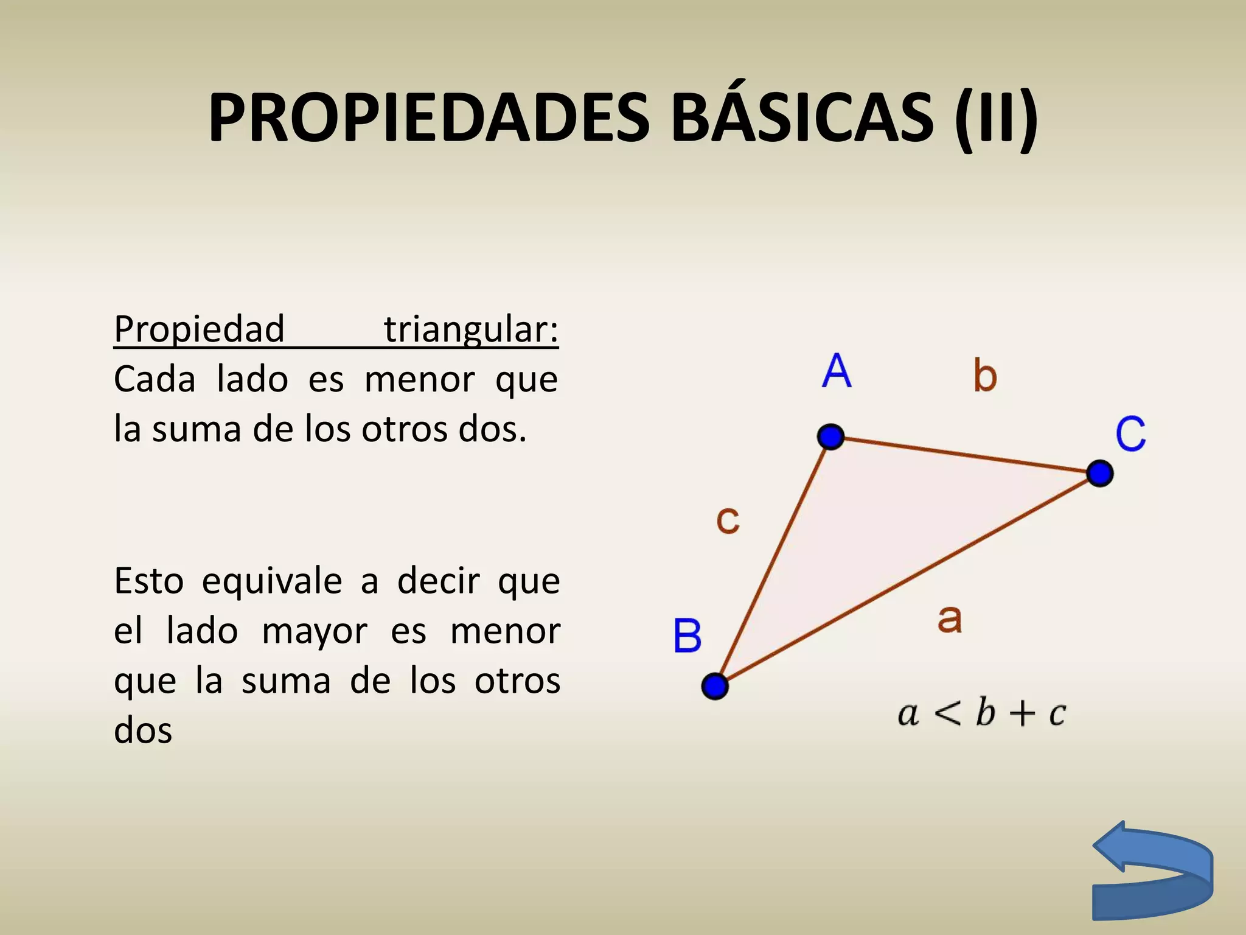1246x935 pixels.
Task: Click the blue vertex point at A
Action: coord(830,436)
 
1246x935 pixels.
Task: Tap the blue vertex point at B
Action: coord(715,686)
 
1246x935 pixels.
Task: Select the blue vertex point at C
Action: coord(1099,473)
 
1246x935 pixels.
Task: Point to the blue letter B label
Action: coord(687,636)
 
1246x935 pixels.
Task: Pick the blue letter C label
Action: coord(1130,434)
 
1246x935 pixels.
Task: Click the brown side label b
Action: coord(985,375)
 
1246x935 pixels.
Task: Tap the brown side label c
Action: coord(728,520)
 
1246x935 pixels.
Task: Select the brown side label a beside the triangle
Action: coord(949,619)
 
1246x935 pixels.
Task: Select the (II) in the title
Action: coord(996,118)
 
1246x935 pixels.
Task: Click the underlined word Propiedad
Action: coord(200,330)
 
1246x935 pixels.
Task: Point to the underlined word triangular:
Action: coord(471,330)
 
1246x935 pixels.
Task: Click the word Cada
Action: coord(155,380)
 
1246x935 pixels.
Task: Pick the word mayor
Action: coord(315,631)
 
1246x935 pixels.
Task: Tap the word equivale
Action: coord(272,581)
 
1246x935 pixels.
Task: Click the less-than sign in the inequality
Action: coord(947,713)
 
